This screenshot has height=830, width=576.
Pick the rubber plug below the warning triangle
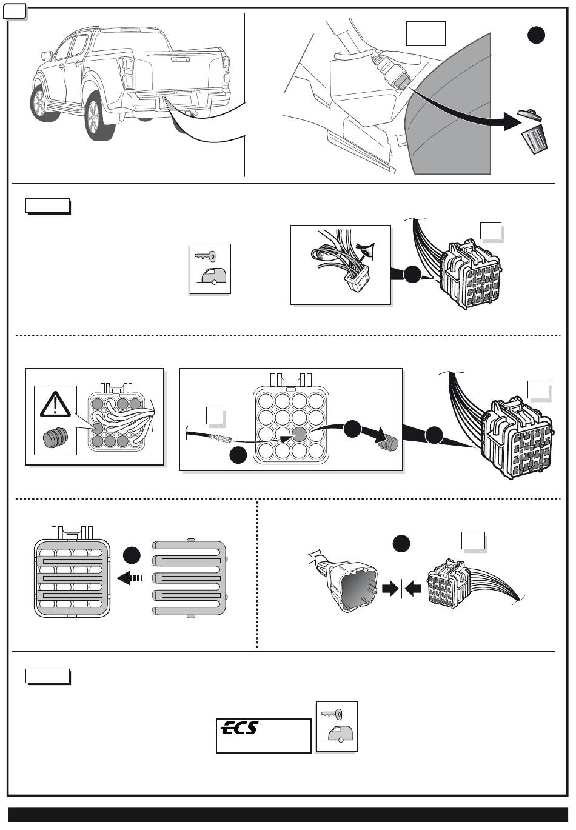pos(55,439)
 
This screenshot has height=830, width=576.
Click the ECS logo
pos(239,728)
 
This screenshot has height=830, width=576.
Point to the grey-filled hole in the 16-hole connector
pos(299,434)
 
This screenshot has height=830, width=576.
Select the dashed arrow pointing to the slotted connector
pos(130,578)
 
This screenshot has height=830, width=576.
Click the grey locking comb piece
pos(190,578)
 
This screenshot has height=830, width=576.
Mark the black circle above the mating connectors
pos(401,543)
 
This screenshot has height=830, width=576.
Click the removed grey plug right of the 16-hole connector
pos(387,446)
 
